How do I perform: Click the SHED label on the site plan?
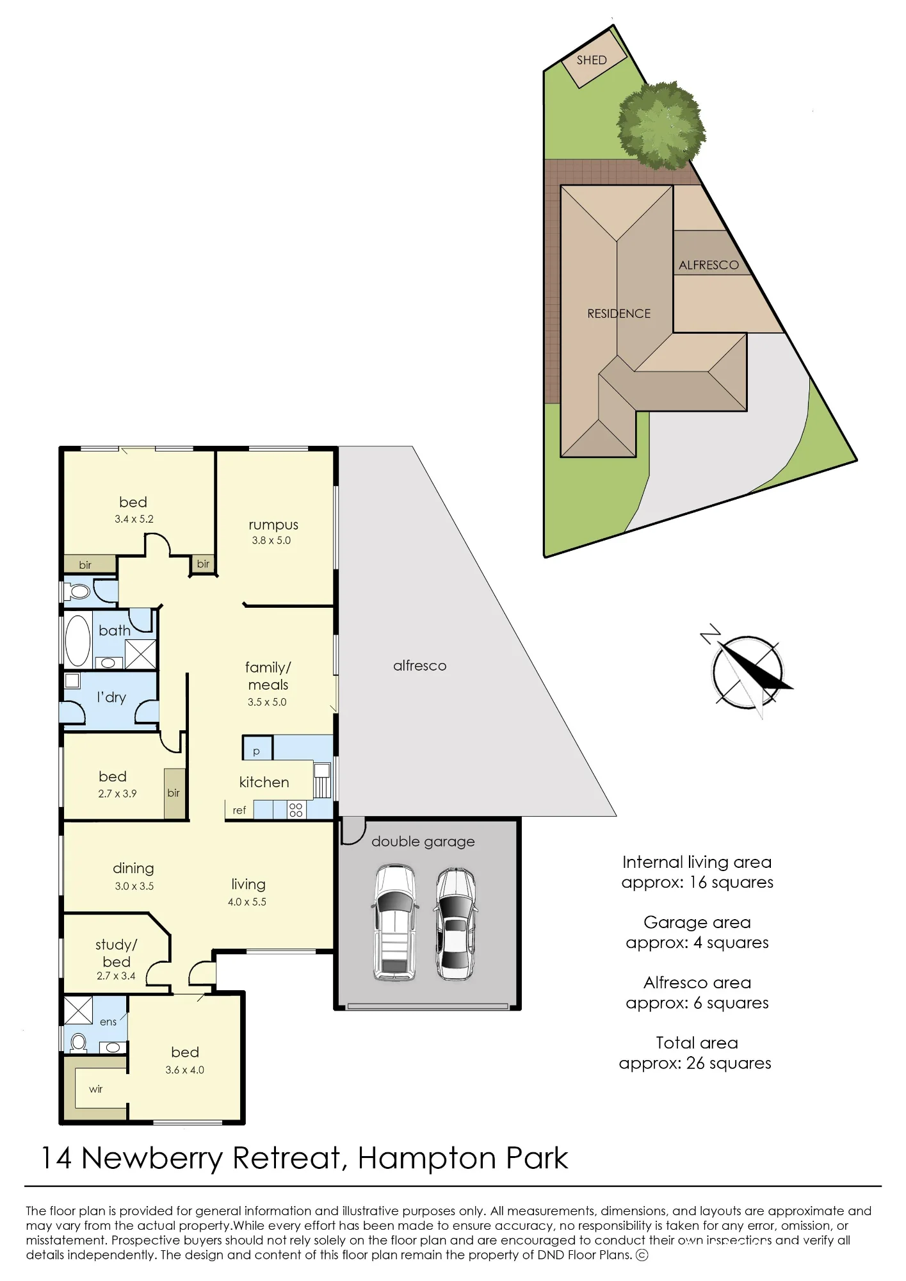point(591,60)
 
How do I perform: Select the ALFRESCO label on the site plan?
point(709,265)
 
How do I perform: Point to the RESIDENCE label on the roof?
point(619,314)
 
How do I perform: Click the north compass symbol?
point(747,672)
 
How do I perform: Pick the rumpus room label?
point(273,525)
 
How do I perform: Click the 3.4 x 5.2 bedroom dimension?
point(134,519)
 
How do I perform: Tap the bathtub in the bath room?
point(78,640)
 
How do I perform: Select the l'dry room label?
point(111,697)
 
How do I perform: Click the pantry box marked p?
point(257,748)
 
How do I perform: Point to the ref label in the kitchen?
point(239,810)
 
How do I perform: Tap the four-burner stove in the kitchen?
point(296,810)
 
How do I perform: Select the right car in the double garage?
point(455,924)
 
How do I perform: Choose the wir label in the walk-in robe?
point(95,1089)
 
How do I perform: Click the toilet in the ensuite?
point(78,1043)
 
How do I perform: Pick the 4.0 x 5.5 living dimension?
point(247,902)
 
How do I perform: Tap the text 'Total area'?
point(697,1043)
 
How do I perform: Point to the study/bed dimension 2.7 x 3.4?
point(116,976)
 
